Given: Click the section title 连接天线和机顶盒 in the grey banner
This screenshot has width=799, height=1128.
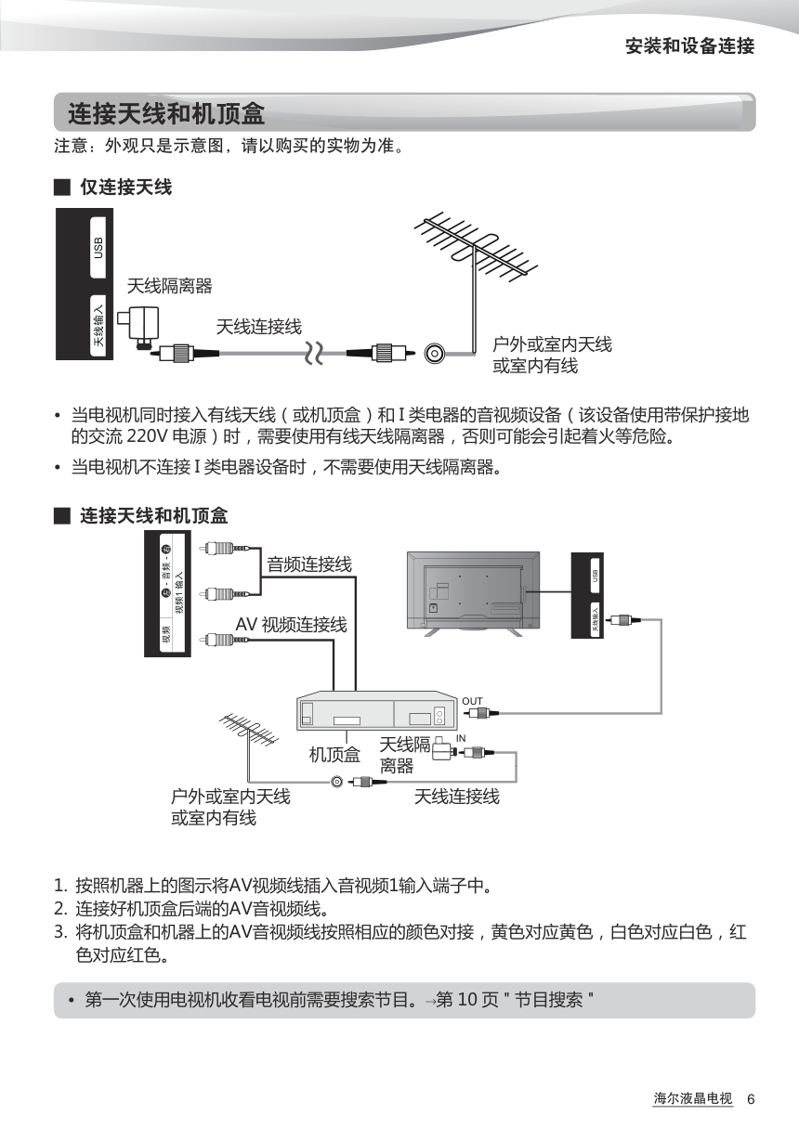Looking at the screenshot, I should click(x=166, y=114).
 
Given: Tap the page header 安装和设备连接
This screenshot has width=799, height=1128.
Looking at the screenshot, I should click(x=689, y=46).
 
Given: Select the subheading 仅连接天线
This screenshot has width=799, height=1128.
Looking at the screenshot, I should click(x=125, y=188).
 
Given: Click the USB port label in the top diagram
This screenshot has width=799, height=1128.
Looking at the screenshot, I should click(x=98, y=248).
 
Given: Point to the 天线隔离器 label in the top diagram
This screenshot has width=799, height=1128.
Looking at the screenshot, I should click(x=169, y=286).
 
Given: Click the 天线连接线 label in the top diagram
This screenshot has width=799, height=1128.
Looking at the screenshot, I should click(x=258, y=327).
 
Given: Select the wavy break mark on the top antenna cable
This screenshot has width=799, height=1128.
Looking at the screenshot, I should click(x=316, y=353).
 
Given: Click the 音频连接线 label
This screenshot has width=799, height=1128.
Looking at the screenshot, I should click(x=309, y=564).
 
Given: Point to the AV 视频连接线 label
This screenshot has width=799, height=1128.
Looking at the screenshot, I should click(x=291, y=625).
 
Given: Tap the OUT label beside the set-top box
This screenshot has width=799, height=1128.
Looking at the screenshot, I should click(x=472, y=701).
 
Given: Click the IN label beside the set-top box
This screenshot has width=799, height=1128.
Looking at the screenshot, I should click(x=461, y=738).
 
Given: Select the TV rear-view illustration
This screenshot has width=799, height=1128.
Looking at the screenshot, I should click(x=473, y=591).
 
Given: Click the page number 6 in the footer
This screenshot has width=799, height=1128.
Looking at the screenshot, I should click(x=751, y=1100).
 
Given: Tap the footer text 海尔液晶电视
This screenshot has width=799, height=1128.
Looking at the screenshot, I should click(x=692, y=1099).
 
